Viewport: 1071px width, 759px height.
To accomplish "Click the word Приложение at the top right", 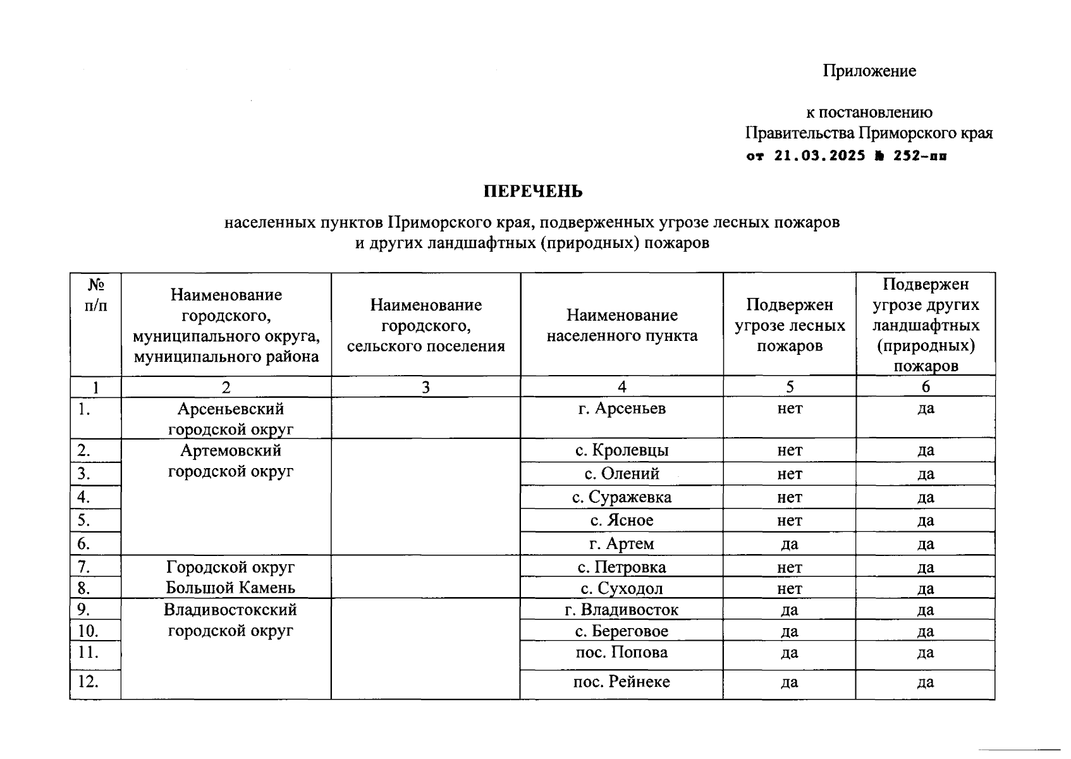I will tap(869, 71).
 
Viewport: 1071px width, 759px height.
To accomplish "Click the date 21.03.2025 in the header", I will tap(819, 156).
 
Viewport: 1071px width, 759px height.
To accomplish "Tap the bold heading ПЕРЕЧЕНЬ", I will tap(533, 191).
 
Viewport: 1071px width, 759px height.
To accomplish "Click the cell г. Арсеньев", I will tap(621, 409).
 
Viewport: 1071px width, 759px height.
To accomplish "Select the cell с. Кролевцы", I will tap(621, 450).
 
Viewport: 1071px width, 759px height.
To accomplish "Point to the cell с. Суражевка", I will tap(621, 497).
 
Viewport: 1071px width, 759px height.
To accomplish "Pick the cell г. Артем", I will tap(621, 544).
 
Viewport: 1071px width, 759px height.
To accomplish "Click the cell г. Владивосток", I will tap(621, 610).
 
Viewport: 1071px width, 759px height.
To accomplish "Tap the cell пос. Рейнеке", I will tap(621, 682).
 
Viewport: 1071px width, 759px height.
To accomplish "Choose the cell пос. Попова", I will tap(621, 652).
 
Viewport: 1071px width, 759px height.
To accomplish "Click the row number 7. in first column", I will tap(84, 567).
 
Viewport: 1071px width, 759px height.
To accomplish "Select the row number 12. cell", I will tap(89, 682).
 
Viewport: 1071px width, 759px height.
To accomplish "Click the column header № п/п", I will tap(95, 295).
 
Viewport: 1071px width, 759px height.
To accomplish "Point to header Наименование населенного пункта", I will tap(621, 325).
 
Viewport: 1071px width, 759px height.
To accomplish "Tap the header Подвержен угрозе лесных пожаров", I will tap(789, 325).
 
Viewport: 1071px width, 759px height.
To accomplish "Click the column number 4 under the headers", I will tap(621, 387).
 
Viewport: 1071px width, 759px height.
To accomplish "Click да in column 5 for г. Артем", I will tap(789, 544).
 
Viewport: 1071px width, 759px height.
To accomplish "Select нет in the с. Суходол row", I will tap(789, 589).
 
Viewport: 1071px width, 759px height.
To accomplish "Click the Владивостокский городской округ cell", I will tap(230, 620).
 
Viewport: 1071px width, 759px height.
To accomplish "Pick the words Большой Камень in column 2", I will tap(230, 588).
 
